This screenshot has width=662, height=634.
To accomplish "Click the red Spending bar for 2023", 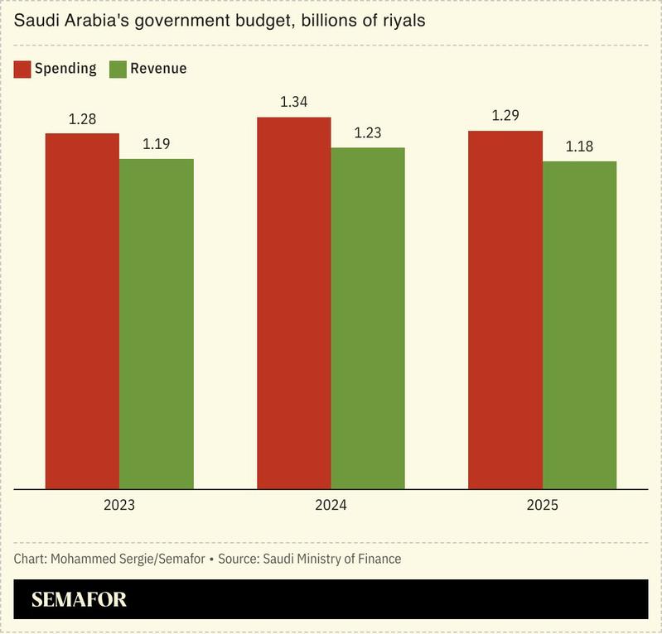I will (82, 310).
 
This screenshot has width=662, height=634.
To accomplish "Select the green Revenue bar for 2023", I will (157, 323).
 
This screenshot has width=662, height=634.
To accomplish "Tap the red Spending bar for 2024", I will (293, 302).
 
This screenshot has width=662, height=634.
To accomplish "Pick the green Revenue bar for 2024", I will (368, 318).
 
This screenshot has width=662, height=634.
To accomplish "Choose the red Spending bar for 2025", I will (505, 310).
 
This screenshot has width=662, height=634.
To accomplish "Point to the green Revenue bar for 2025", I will (580, 324).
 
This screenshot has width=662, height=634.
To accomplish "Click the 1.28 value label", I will (82, 119).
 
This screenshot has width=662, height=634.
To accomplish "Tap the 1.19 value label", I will (157, 144).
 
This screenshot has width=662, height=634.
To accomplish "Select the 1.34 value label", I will (293, 103).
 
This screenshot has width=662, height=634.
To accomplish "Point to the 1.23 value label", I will (368, 133).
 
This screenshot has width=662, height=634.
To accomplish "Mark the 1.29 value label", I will (505, 116).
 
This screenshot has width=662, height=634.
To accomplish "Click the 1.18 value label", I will (580, 146).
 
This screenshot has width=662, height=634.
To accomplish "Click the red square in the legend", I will (22, 69).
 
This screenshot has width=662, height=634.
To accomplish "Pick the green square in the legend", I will (117, 69).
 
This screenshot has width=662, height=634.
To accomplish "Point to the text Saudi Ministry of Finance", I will (331, 559).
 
